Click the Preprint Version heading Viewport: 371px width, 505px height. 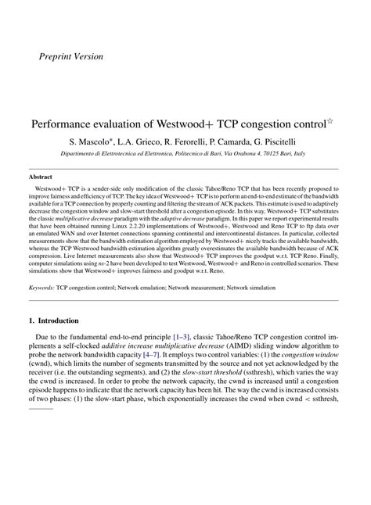70,56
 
